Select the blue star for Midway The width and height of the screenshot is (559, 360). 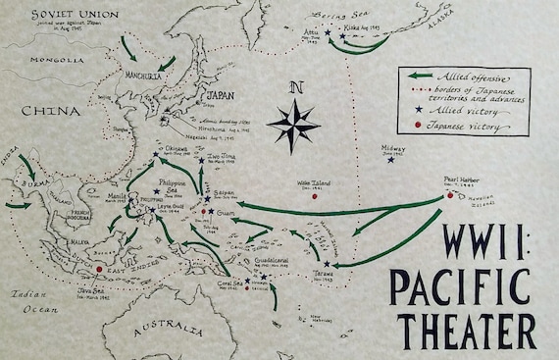[x=391, y=160]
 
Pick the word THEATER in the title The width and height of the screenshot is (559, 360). [x=461, y=328]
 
